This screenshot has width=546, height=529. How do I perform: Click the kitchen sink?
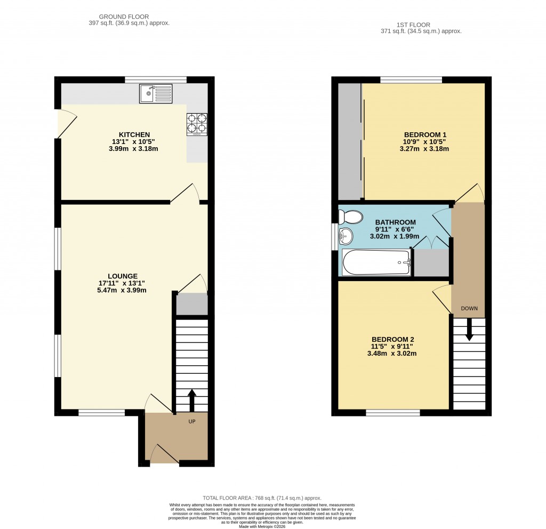tap(156, 93)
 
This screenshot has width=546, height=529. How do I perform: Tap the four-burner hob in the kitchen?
tap(197, 124)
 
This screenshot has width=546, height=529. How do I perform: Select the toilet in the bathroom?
tap(351, 218)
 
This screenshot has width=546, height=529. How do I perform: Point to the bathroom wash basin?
tap(346, 236)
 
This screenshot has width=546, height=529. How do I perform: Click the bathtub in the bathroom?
tap(376, 262)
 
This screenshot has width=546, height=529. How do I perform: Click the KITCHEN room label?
tap(134, 135)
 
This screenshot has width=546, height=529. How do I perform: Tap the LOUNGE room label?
tap(123, 276)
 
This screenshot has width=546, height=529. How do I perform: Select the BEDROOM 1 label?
tap(425, 135)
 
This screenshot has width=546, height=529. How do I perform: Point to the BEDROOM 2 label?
tap(393, 339)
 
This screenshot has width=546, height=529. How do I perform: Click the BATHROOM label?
tap(395, 222)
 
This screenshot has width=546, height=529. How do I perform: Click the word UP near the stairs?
tap(192, 421)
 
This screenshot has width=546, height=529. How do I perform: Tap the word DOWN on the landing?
tap(469, 308)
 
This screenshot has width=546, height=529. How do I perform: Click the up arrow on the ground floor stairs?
tap(192, 400)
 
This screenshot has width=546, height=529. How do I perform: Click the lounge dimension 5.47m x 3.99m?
tap(122, 290)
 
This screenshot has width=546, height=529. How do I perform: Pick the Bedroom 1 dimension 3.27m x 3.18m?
tap(424, 149)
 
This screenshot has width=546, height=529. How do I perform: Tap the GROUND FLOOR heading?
tap(124, 17)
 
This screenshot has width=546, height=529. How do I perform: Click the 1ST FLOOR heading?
tap(413, 25)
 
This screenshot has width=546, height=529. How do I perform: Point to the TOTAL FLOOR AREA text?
tap(262, 498)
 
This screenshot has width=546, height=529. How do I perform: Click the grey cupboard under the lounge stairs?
tap(192, 304)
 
